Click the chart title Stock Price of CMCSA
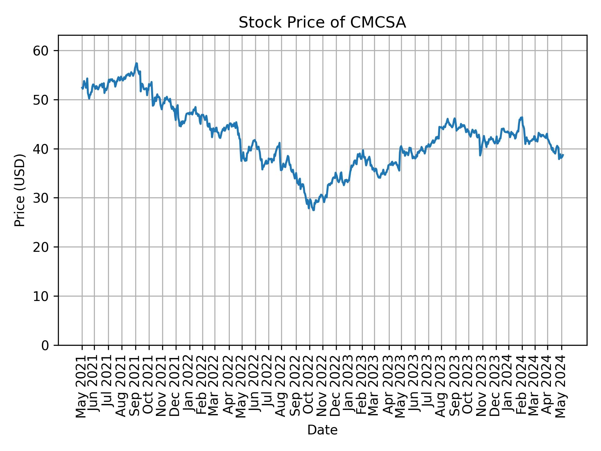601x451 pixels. coord(322,23)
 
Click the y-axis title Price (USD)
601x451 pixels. coord(20,190)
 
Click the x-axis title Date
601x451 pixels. coord(322,430)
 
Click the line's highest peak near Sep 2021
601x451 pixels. coord(136,63)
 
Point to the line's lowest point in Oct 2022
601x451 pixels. coord(313,210)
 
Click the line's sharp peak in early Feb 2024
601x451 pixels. coord(522,117)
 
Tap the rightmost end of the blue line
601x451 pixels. coord(563,154)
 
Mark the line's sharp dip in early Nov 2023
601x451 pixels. coord(480,155)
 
